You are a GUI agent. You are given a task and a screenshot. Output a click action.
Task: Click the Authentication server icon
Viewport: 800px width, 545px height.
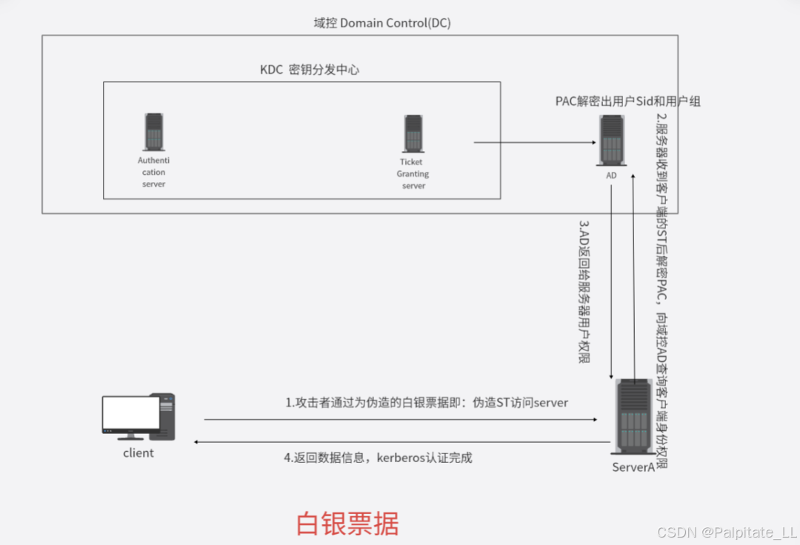click(x=154, y=131)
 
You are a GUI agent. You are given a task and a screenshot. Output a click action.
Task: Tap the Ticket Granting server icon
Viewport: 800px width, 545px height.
click(x=413, y=134)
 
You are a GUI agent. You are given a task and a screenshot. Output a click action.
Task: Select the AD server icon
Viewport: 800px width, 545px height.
click(x=612, y=141)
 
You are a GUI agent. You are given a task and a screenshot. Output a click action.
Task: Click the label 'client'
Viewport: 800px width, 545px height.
click(x=139, y=453)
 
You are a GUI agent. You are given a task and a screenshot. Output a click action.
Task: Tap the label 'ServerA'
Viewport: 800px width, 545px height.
click(x=633, y=467)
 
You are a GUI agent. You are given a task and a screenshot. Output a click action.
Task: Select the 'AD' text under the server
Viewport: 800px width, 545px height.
click(x=612, y=175)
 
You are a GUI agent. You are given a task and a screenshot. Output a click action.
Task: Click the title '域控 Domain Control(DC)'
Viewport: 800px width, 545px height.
click(x=382, y=23)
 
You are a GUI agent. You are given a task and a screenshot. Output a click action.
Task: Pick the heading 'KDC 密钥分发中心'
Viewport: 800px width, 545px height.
click(x=310, y=70)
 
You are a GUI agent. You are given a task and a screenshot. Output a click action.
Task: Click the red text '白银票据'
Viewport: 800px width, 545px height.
click(x=347, y=524)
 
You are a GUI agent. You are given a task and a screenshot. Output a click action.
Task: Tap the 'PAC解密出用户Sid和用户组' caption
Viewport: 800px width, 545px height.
click(x=627, y=101)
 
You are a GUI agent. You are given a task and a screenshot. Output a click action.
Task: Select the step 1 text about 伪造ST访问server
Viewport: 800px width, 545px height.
click(x=427, y=403)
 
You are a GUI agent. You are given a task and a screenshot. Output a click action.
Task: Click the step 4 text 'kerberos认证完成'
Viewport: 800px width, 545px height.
click(x=378, y=458)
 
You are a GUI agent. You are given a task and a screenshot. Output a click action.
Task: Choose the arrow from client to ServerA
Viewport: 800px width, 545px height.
click(x=400, y=420)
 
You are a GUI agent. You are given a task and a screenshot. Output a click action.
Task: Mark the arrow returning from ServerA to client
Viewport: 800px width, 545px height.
click(x=400, y=442)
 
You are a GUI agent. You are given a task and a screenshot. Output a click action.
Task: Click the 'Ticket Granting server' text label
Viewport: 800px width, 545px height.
click(x=413, y=174)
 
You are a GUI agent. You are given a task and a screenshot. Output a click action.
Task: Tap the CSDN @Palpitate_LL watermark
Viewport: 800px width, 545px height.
click(x=726, y=532)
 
